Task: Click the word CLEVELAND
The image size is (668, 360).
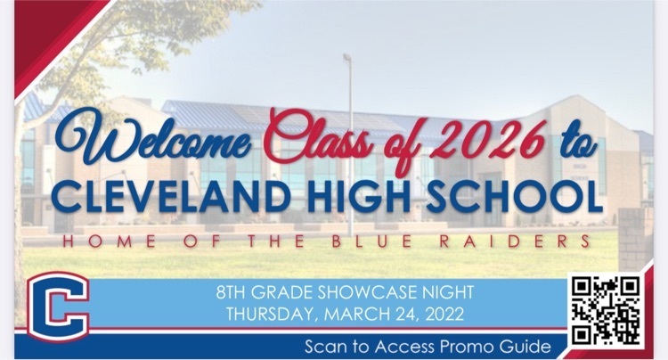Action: coord(171,197)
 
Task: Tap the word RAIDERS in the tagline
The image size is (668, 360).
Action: coord(515,241)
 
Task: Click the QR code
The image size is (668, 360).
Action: coord(607,310)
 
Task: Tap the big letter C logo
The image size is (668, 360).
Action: coord(59,307)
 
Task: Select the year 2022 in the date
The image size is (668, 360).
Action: coord(444,315)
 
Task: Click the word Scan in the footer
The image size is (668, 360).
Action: coord(325,347)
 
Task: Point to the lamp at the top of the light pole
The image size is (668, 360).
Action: coord(346,57)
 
